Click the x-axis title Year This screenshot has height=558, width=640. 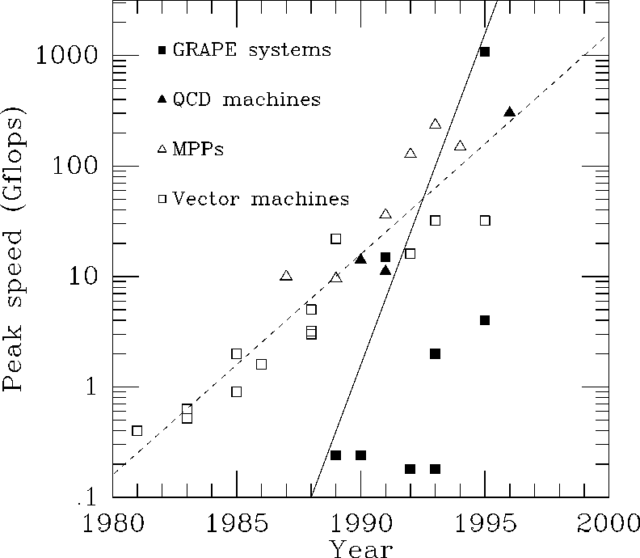pyautogui.click(x=361, y=548)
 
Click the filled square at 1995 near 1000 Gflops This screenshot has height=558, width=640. pyautogui.click(x=485, y=52)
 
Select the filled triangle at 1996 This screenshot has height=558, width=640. pyautogui.click(x=509, y=112)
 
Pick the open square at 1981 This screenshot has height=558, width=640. pyautogui.click(x=137, y=430)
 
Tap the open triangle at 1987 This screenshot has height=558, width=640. pyautogui.click(x=286, y=276)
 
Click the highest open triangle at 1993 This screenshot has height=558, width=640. pyautogui.click(x=435, y=124)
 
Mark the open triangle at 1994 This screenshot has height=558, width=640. pyautogui.click(x=460, y=146)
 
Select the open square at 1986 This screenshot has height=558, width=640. pyautogui.click(x=261, y=364)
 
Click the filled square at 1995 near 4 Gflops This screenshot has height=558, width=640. pyautogui.click(x=485, y=320)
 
